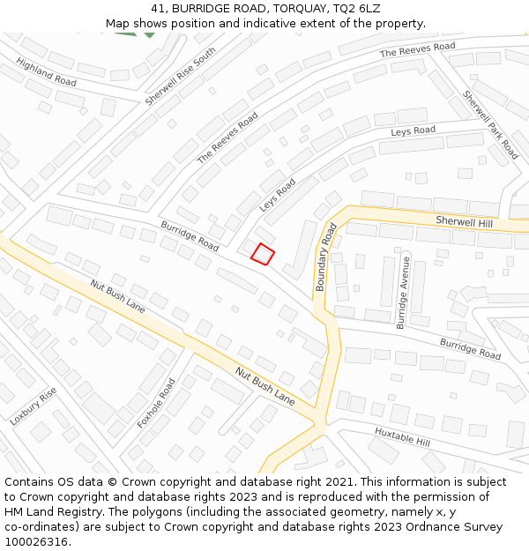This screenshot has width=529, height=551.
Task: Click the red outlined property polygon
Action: (x=263, y=254)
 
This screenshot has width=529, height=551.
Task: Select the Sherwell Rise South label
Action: (x=181, y=77)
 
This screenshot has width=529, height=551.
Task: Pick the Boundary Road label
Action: (x=326, y=257)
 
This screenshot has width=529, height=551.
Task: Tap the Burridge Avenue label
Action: (x=403, y=292)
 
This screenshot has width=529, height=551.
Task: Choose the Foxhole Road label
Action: (x=157, y=403)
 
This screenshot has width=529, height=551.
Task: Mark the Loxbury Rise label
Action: (x=34, y=406)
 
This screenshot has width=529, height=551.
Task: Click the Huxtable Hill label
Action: (x=402, y=436)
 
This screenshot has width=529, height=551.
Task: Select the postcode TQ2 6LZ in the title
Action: (x=356, y=8)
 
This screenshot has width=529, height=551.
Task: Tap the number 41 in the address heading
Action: (x=158, y=8)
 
